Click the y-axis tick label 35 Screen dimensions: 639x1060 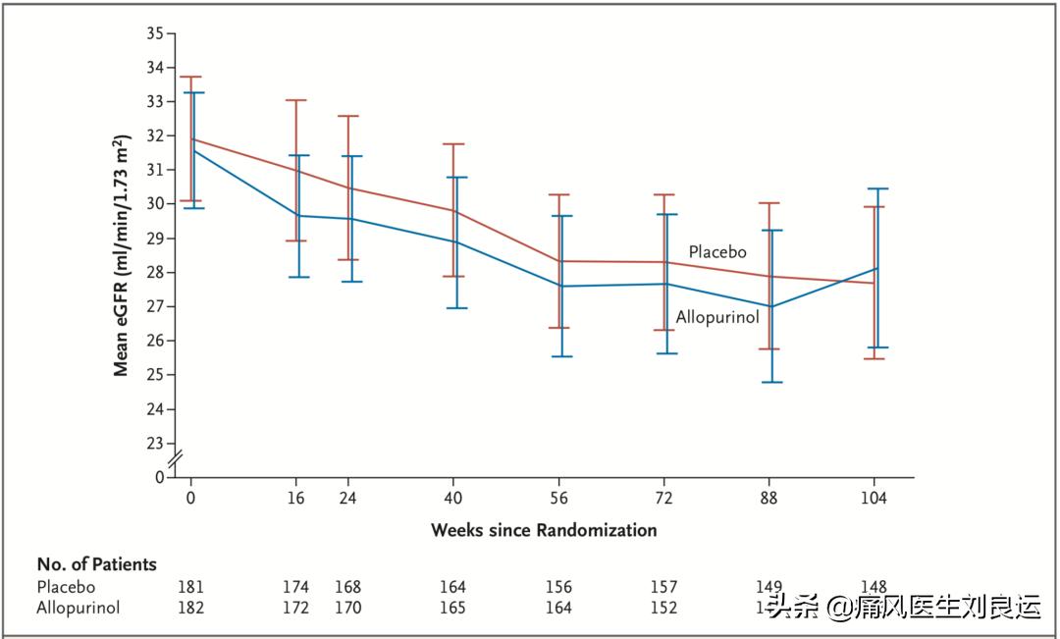coord(154,33)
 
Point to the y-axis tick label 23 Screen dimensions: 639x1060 coord(154,443)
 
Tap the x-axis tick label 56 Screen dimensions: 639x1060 coord(558,498)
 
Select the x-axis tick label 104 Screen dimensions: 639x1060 coord(874,498)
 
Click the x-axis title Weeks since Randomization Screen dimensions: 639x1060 coord(544,530)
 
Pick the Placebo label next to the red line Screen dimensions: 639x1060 coord(717,252)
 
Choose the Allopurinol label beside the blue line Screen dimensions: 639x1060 coord(717,317)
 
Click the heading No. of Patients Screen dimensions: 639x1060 coord(96,564)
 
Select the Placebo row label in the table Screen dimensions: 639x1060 coord(66,587)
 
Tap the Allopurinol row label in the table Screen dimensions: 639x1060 coord(79,608)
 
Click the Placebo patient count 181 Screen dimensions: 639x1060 coord(191,587)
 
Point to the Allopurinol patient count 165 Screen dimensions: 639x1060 coord(453,608)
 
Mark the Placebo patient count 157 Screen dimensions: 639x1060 coord(663,587)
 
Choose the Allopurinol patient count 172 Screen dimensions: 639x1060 coord(295,608)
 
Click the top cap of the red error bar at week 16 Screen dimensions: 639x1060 coord(295,100)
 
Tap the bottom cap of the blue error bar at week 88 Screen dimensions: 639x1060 coord(771,382)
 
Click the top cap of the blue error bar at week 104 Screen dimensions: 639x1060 coord(876,188)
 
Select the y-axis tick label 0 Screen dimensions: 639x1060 coord(160,477)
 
